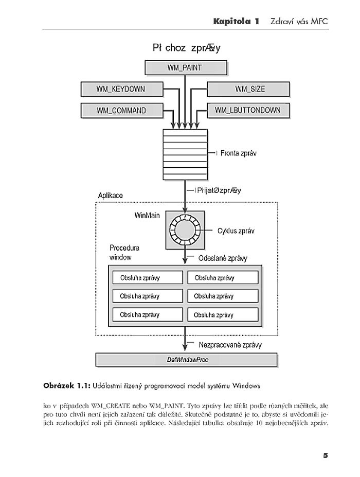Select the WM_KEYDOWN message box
tap(120, 89)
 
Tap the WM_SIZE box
tap(249, 89)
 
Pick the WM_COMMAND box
tap(120, 110)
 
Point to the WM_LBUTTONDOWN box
tap(248, 110)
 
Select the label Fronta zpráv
tap(239, 153)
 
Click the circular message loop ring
tap(185, 227)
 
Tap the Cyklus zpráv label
tap(236, 232)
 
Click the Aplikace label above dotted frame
tap(110, 197)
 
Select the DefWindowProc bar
tap(187, 359)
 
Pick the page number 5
tap(325, 455)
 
